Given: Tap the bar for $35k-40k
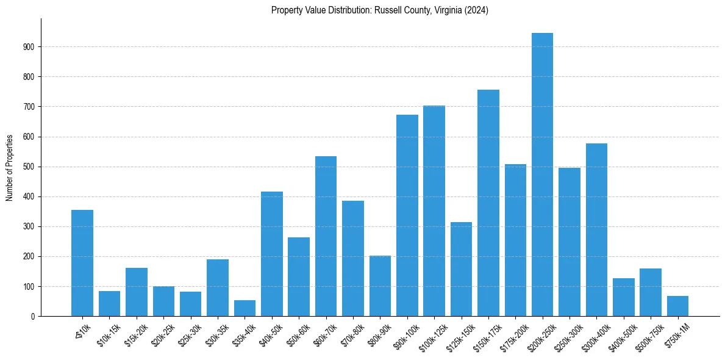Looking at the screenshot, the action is click(x=245, y=308).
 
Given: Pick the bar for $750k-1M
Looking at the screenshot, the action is click(x=677, y=306).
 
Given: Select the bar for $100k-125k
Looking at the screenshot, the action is click(x=434, y=211).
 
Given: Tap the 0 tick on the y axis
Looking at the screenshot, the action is click(x=34, y=317).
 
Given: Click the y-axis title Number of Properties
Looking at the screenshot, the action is click(x=10, y=167).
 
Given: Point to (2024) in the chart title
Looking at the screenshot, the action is click(x=476, y=10).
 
